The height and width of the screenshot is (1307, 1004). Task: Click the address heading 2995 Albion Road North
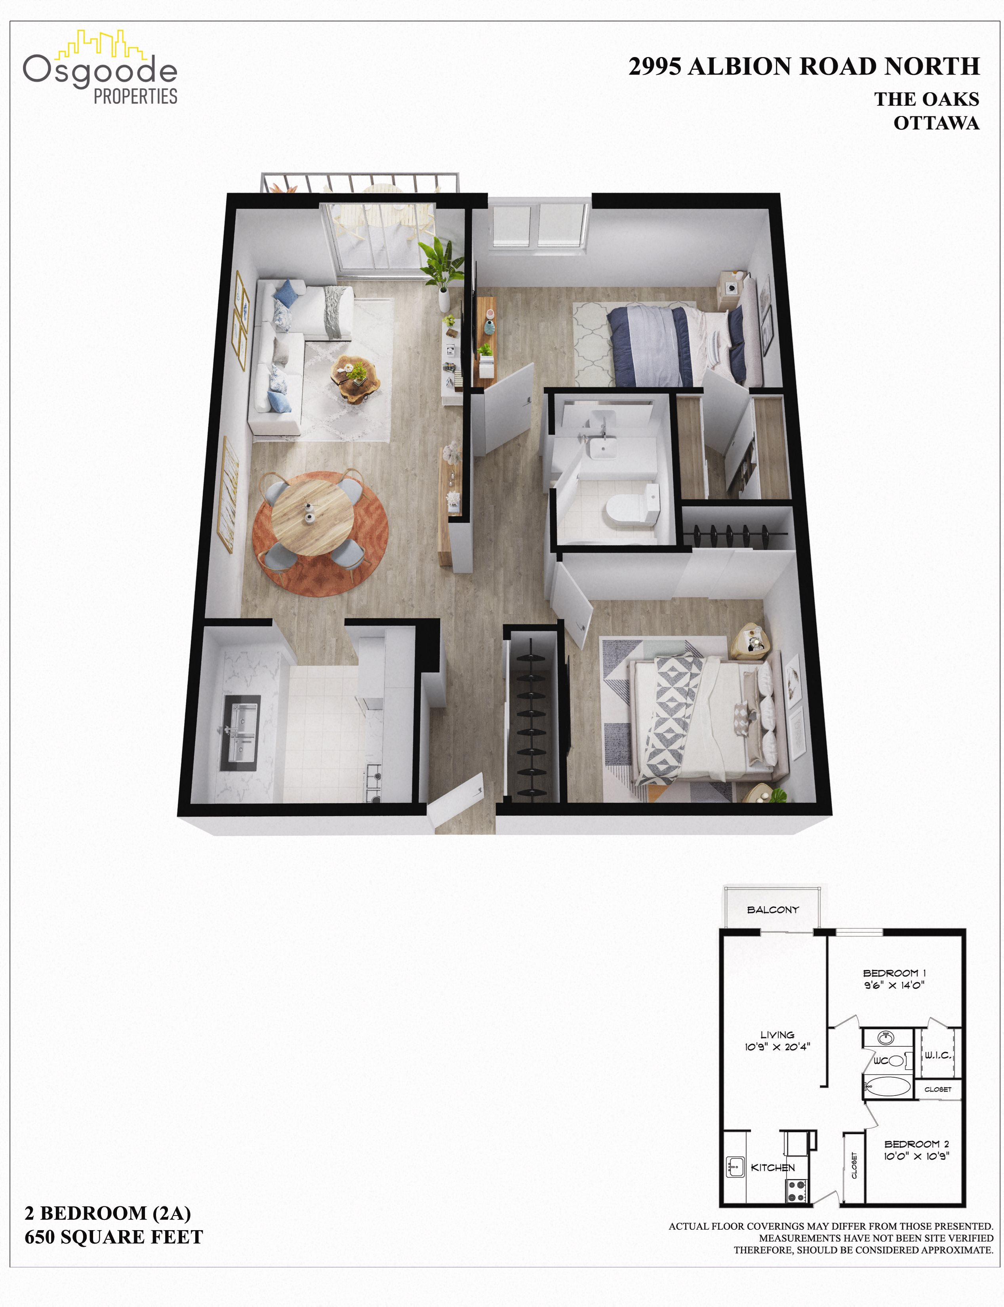pos(804,66)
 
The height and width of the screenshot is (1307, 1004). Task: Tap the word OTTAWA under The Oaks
pos(936,123)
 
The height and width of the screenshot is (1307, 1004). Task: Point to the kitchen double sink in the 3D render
pos(240,733)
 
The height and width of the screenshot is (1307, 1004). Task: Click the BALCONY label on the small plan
pos(773,910)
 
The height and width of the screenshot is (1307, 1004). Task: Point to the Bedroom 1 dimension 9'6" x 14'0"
pos(894,985)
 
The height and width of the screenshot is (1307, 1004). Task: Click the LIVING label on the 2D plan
pos(777,1035)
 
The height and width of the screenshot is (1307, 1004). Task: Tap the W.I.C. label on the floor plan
pos(938,1056)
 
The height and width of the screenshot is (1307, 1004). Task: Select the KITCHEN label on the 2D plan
pos(773,1168)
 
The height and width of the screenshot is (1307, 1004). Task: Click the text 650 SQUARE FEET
pos(114,1237)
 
